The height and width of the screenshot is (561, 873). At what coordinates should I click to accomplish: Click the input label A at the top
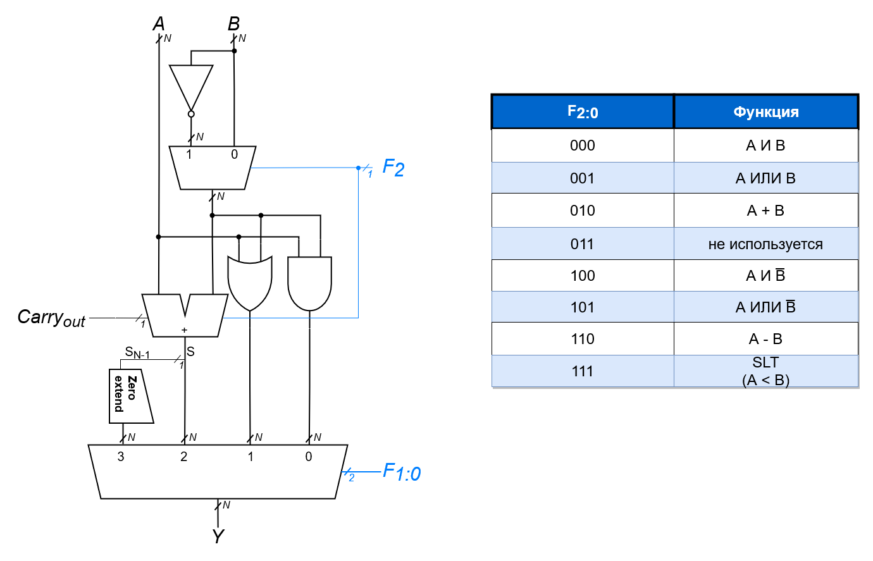(159, 24)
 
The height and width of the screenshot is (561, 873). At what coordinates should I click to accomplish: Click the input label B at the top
(233, 24)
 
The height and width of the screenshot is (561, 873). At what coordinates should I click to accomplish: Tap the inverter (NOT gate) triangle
(191, 87)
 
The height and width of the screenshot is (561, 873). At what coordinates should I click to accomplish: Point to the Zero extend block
(130, 396)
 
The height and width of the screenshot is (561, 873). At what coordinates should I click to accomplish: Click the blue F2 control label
(393, 168)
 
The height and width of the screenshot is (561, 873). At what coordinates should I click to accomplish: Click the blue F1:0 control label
(402, 472)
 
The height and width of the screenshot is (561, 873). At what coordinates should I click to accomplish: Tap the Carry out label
(51, 317)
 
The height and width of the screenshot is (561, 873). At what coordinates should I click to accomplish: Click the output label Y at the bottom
(218, 536)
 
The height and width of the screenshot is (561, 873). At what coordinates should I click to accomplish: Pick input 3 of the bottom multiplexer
(121, 457)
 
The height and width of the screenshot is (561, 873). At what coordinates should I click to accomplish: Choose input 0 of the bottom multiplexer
(309, 457)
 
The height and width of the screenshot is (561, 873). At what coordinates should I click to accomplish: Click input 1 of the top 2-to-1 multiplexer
(189, 155)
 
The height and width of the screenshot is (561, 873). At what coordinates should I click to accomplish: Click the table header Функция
(765, 112)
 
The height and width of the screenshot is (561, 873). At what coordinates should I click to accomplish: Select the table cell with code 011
(582, 244)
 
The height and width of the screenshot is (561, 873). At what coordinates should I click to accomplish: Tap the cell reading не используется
(765, 244)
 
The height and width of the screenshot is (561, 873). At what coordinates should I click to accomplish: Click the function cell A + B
(765, 211)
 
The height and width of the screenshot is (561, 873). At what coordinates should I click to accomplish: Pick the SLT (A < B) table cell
(765, 371)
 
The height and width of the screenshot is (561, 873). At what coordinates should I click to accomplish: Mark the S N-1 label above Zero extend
(137, 353)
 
